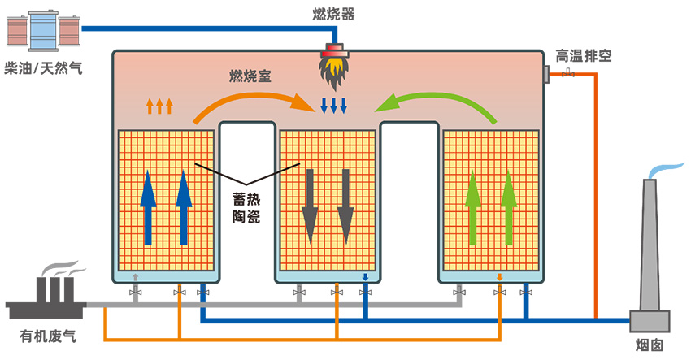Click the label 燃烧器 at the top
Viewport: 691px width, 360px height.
[333, 14]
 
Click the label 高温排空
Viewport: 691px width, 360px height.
[584, 56]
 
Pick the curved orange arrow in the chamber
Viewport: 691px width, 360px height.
[252, 101]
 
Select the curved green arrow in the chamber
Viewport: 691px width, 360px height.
[439, 102]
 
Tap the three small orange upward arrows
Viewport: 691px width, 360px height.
[159, 105]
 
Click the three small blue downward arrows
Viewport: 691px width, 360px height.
[333, 106]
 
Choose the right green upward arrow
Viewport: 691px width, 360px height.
[509, 207]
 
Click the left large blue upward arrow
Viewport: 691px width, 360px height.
[148, 208]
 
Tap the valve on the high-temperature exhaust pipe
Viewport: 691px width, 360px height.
[567, 75]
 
